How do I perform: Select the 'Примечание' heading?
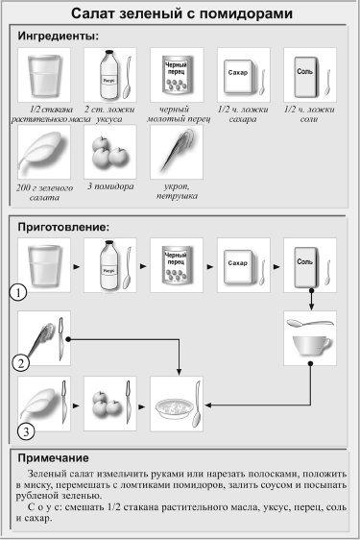[57, 457]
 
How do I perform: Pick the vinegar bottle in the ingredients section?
[108, 72]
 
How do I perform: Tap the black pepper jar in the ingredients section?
[175, 72]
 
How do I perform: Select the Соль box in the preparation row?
[303, 263]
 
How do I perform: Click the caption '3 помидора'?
[108, 185]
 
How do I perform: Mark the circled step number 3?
[29, 430]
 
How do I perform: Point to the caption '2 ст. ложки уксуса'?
[108, 115]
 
